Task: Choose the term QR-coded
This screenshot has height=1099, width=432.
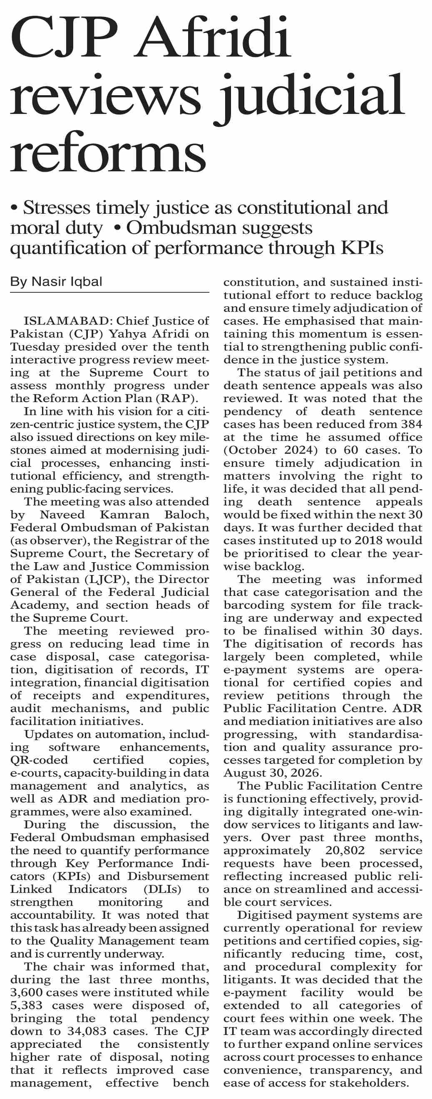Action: pos(39,760)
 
